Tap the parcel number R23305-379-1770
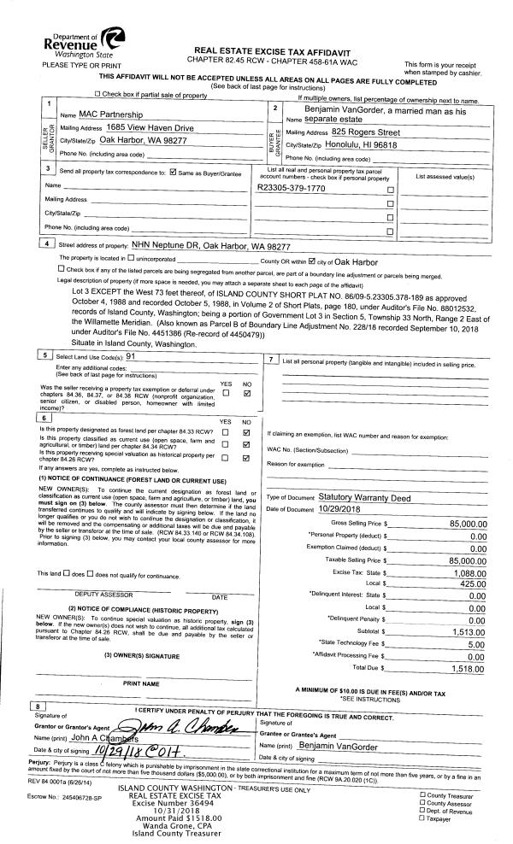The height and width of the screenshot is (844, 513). tap(291, 187)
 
